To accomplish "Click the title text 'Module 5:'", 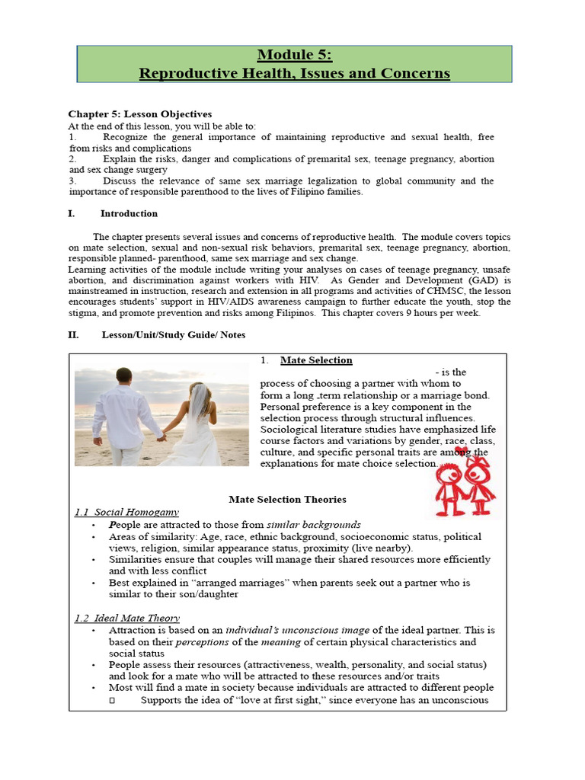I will [x=294, y=55].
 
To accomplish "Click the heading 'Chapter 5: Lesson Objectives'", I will [x=140, y=114].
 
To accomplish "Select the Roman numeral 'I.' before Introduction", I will [x=72, y=214].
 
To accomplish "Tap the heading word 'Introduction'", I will [x=129, y=214].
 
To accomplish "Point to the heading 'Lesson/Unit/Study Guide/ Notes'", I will [x=174, y=334].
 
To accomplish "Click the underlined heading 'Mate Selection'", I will [x=316, y=360].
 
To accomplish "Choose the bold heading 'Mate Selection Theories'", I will [x=287, y=500].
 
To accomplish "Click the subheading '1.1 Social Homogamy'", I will [x=126, y=512].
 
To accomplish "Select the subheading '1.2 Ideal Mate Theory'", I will [x=126, y=618].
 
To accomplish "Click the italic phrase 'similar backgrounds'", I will [x=314, y=525].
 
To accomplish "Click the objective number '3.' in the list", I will [x=72, y=181].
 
